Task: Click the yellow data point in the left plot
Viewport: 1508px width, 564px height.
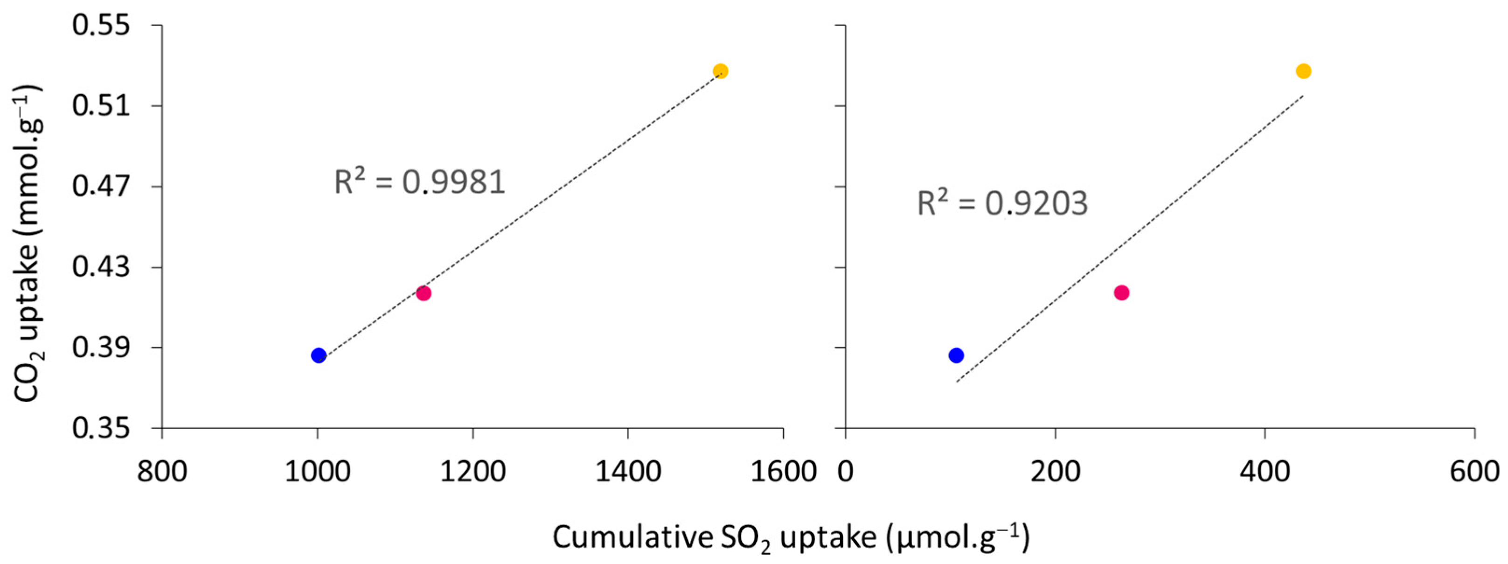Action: tap(721, 71)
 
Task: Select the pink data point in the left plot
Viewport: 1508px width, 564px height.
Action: tap(424, 293)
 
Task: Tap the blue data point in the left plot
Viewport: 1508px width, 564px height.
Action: tap(319, 355)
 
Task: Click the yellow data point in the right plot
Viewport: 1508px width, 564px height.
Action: tap(1304, 71)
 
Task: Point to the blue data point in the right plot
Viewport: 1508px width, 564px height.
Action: tap(956, 355)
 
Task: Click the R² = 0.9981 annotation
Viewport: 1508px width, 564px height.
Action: tap(419, 181)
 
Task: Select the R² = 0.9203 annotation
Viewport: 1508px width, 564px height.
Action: tap(1002, 203)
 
